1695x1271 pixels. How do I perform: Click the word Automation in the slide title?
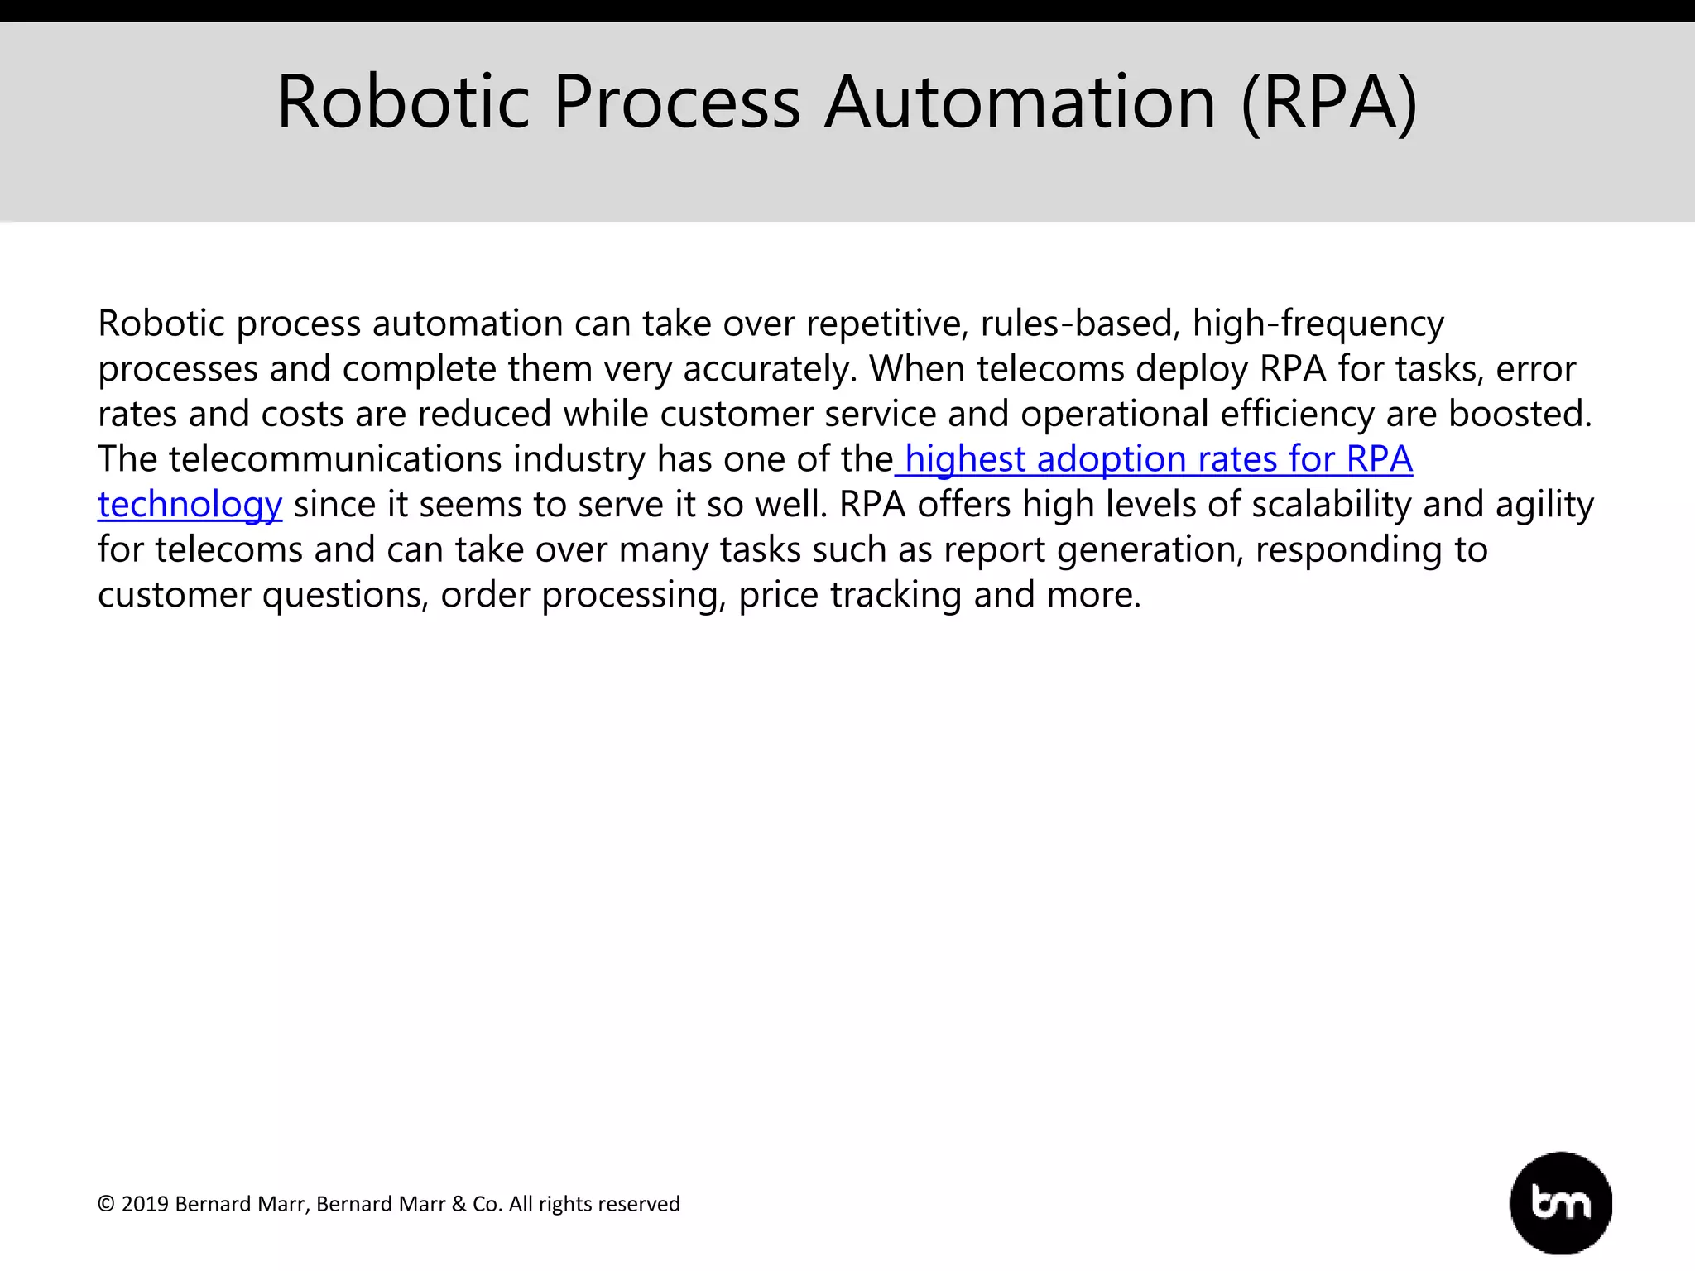1020,103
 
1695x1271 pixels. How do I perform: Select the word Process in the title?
677,103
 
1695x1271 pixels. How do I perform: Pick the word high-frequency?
1318,324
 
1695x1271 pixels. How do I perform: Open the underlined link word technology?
190,505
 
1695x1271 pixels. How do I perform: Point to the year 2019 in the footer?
145,1204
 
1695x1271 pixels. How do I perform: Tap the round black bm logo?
1560,1203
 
